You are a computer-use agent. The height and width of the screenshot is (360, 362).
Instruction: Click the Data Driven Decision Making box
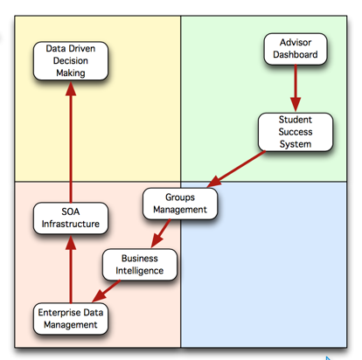(x=71, y=61)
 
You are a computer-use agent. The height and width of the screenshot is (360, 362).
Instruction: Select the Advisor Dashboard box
(x=296, y=49)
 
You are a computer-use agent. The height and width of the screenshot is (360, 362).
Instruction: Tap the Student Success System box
(x=296, y=132)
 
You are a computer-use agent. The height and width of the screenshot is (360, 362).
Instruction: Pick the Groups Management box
(x=180, y=204)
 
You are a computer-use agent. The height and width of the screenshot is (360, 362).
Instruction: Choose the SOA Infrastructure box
(x=71, y=218)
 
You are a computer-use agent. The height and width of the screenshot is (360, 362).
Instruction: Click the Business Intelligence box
(x=140, y=265)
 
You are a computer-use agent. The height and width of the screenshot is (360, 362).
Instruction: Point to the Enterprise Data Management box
(x=71, y=319)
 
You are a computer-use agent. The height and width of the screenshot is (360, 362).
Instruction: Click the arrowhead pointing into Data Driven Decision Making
(x=71, y=88)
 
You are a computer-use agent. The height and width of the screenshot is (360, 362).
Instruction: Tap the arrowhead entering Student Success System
(x=296, y=105)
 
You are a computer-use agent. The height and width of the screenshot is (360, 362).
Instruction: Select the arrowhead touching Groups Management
(x=213, y=182)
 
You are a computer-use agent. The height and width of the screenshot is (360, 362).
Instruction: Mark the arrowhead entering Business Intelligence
(x=157, y=241)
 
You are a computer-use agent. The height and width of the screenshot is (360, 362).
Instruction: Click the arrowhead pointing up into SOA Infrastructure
(x=71, y=243)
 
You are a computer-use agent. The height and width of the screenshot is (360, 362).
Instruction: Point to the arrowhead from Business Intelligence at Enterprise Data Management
(x=99, y=296)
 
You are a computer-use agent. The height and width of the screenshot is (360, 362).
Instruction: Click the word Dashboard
(x=296, y=55)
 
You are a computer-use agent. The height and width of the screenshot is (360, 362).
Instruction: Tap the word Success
(x=296, y=132)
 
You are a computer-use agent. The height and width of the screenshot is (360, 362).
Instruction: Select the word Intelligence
(x=140, y=271)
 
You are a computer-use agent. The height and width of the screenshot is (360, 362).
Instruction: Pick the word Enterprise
(x=55, y=313)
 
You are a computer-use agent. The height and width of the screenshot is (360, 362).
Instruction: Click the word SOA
(x=71, y=211)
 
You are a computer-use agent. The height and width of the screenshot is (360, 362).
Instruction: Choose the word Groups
(x=180, y=197)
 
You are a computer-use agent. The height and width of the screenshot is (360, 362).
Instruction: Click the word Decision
(x=71, y=61)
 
